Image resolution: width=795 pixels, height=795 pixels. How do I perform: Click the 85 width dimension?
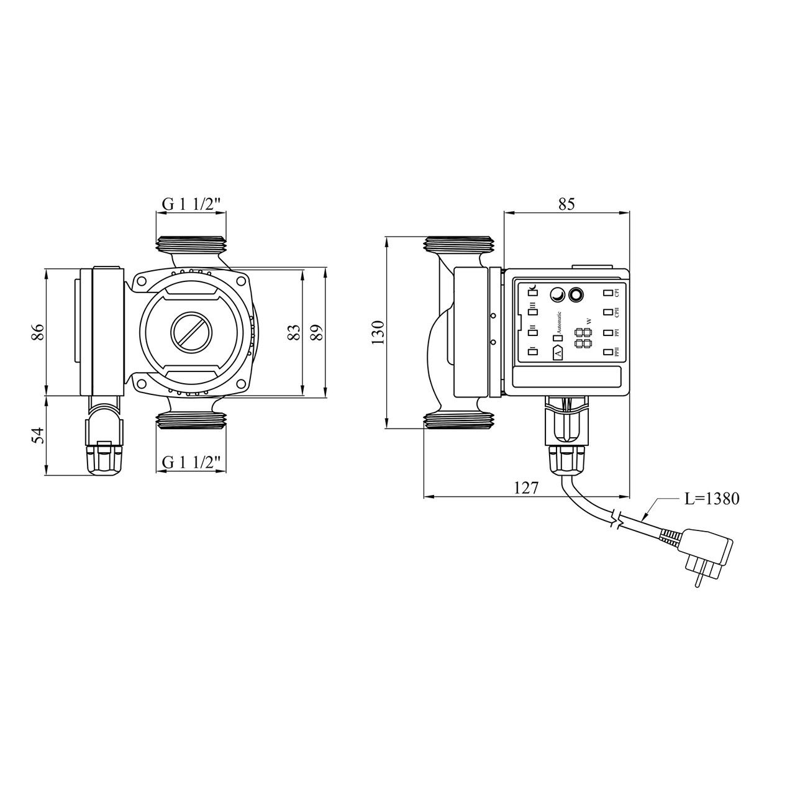pyautogui.click(x=566, y=204)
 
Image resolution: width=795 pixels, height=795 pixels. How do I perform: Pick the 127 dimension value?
pyautogui.click(x=525, y=488)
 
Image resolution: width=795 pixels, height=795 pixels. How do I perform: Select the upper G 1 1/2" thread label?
pyautogui.click(x=191, y=204)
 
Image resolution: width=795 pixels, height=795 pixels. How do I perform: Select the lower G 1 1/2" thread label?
pyautogui.click(x=191, y=462)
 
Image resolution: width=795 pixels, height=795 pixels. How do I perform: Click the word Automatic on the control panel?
pyautogui.click(x=558, y=323)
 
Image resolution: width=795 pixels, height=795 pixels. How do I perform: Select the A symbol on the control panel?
pyautogui.click(x=557, y=353)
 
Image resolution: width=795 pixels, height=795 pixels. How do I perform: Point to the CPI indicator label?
pyautogui.click(x=617, y=293)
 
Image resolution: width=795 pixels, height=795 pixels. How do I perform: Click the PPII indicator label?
pyautogui.click(x=617, y=353)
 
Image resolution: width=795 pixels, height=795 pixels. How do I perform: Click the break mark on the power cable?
pyautogui.click(x=616, y=520)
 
